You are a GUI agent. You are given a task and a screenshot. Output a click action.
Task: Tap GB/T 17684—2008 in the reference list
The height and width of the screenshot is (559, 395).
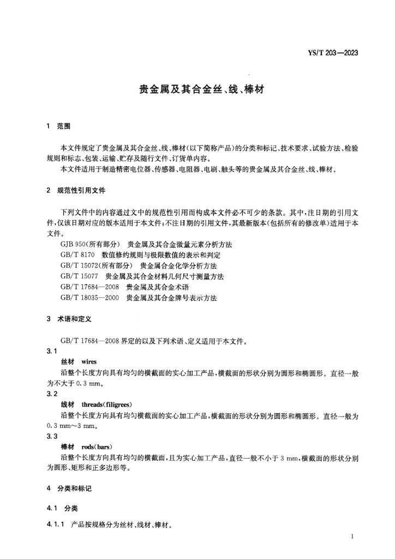pos(90,287)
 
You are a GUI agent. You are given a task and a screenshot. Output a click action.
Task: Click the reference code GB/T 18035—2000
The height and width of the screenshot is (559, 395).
pos(90,298)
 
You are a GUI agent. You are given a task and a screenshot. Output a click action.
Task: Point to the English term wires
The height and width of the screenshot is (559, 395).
pos(88,362)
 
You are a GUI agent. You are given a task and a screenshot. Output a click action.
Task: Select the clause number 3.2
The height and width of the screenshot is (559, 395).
pos(52,394)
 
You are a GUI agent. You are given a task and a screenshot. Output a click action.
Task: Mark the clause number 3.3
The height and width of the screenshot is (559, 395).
pos(52,436)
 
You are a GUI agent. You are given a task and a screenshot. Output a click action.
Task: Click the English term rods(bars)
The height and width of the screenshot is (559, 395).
pos(97,447)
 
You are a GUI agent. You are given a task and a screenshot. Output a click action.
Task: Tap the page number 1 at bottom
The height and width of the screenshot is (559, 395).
pos(353,537)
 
